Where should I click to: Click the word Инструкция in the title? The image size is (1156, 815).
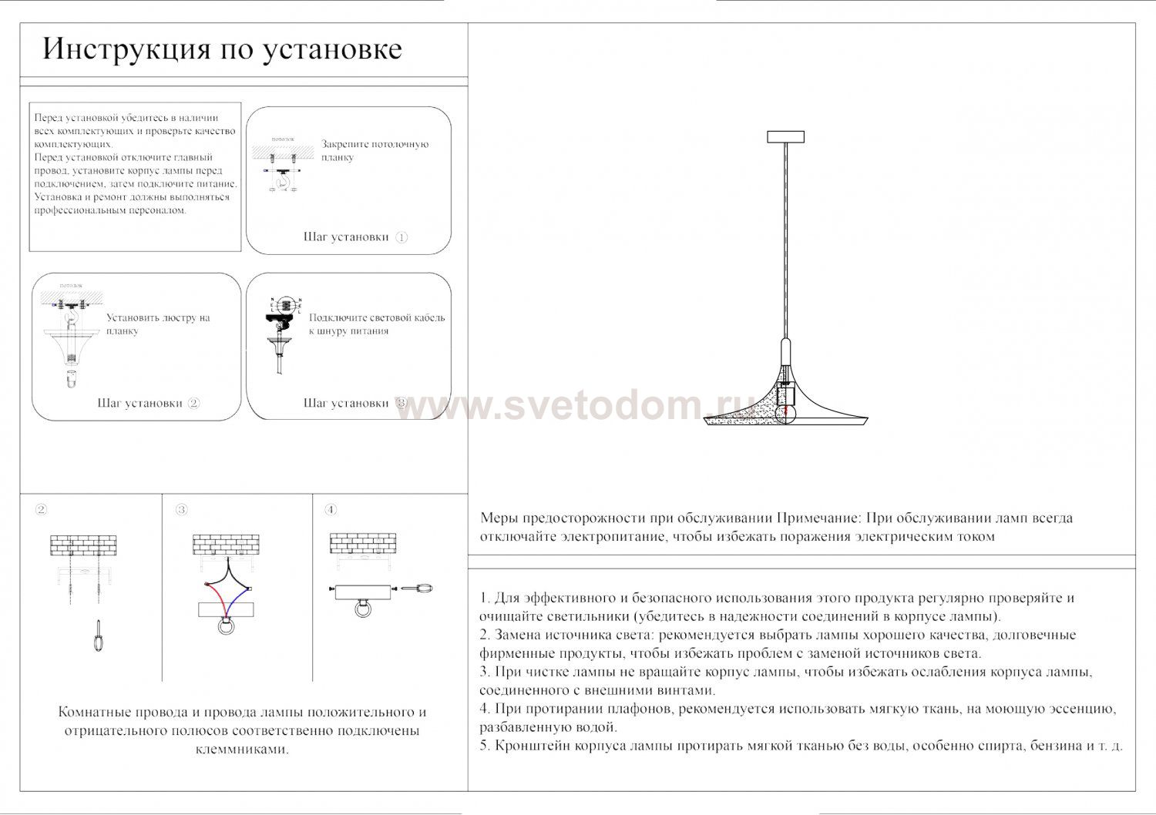point(126,49)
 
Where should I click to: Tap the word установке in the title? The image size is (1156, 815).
point(332,49)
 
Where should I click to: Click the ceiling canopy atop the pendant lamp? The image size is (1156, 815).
point(785,137)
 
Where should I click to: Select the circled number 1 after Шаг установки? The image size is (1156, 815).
point(402,237)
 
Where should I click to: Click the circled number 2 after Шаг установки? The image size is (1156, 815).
point(193,403)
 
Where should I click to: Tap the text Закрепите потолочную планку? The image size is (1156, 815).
point(375,150)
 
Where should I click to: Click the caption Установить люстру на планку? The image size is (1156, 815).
point(158,324)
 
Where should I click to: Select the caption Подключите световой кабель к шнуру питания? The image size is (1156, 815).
point(377,324)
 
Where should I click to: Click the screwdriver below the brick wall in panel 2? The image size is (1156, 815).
point(98,634)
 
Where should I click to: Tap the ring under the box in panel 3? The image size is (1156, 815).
point(226,626)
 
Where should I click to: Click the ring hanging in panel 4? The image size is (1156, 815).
point(361,610)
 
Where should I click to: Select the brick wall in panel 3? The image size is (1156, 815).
point(226,545)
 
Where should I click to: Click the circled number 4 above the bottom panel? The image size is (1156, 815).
point(331,509)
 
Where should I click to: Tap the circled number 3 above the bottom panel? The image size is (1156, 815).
point(181,509)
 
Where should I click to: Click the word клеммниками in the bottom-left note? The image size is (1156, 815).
point(242,750)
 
